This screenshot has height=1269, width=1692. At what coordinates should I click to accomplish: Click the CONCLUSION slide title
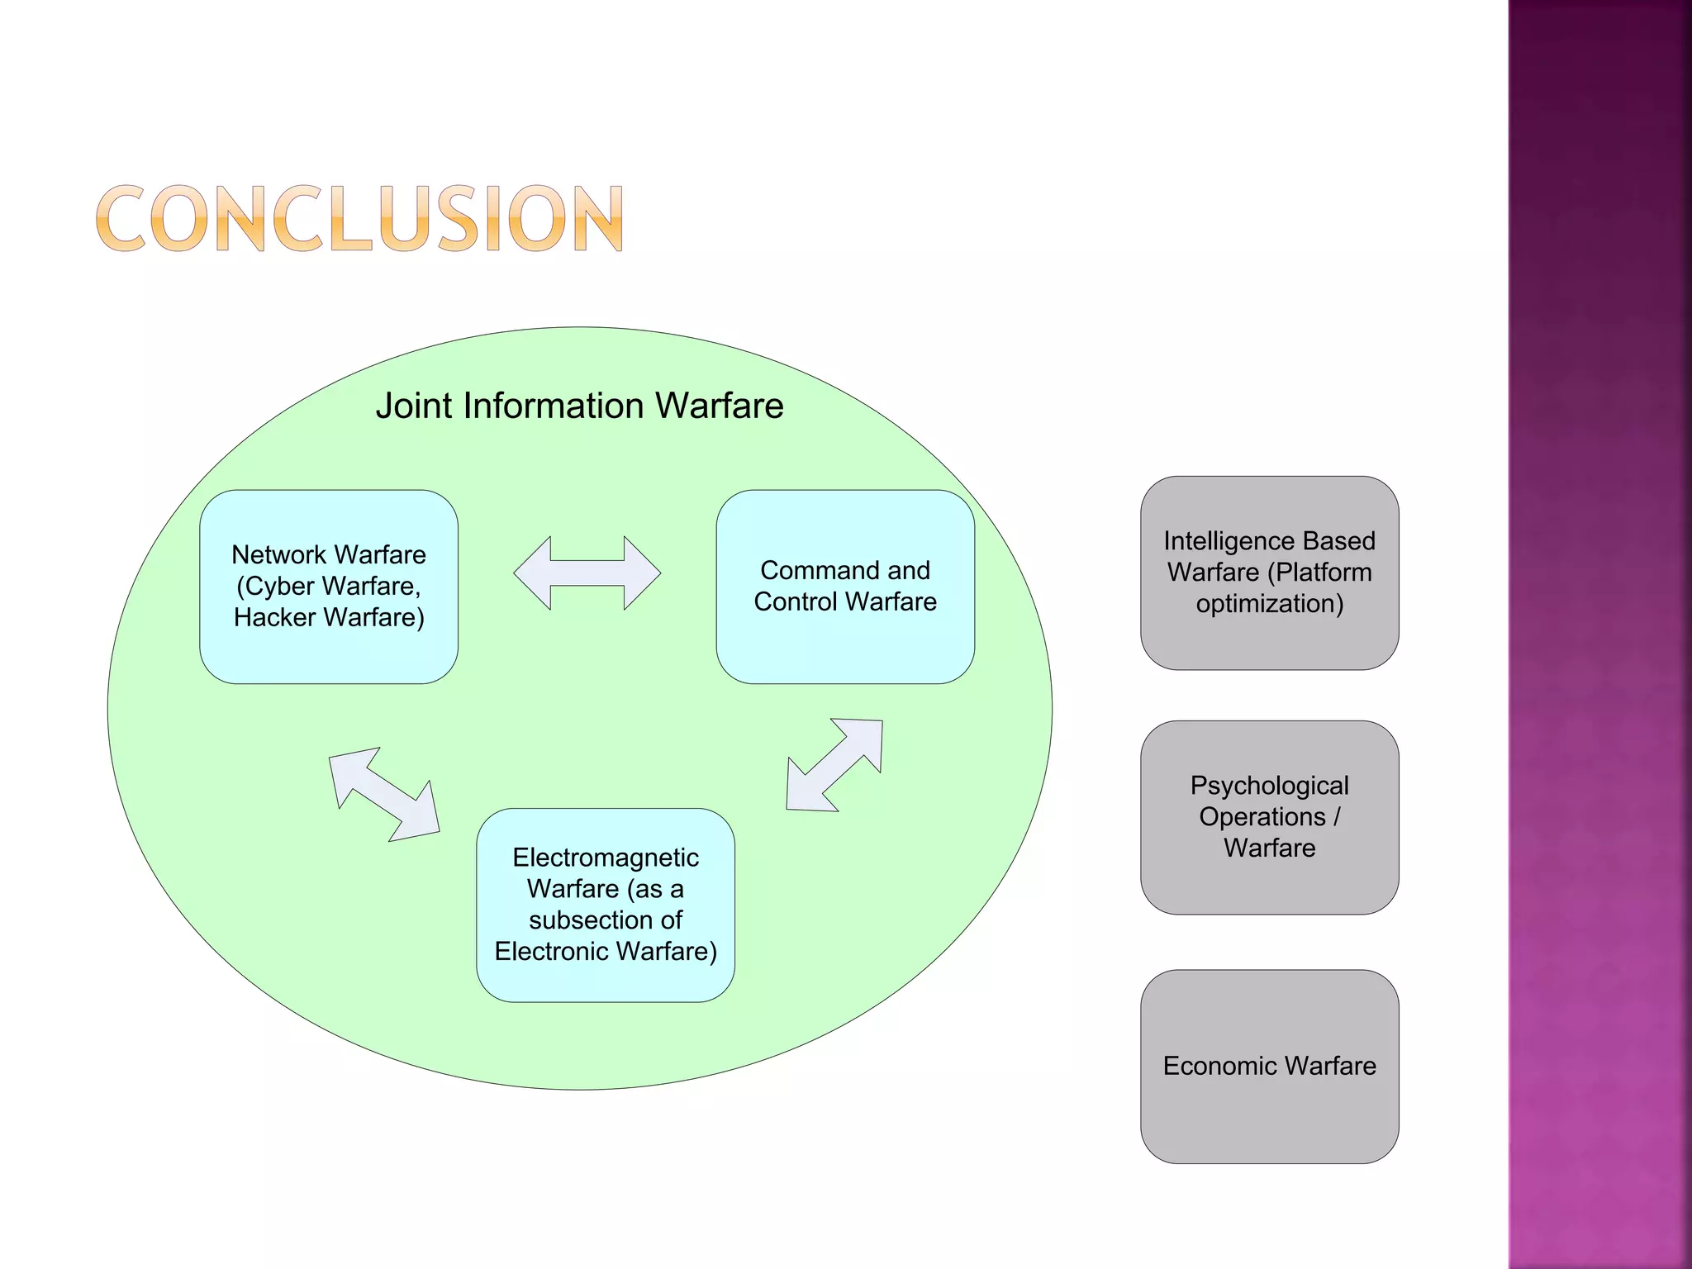(359, 218)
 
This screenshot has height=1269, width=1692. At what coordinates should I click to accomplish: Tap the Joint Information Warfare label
(579, 406)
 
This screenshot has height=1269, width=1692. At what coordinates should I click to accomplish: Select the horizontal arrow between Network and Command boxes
(587, 573)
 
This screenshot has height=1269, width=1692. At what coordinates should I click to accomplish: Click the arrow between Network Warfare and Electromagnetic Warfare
(384, 795)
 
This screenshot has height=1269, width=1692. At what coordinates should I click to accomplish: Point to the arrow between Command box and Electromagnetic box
(834, 765)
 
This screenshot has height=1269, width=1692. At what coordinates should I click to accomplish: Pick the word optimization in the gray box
(1270, 603)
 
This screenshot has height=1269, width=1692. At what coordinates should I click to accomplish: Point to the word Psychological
(1269, 785)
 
